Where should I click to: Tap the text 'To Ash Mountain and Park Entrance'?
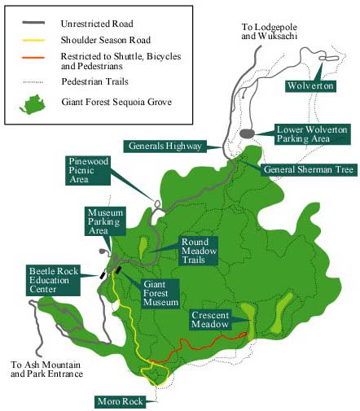47,370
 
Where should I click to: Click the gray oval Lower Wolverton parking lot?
248,133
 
